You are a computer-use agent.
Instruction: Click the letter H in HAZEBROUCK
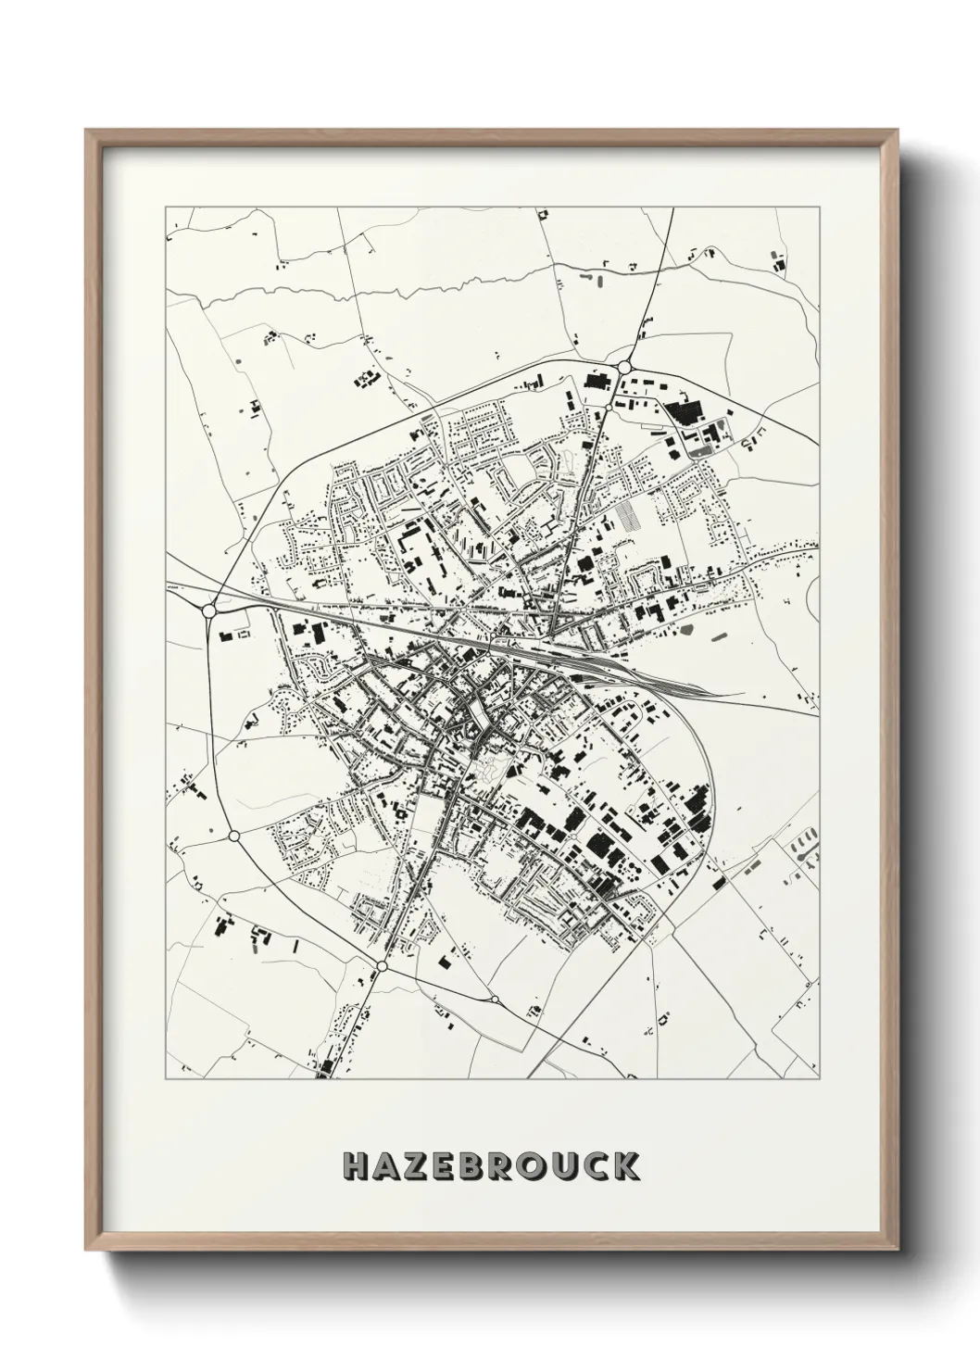[358, 1166]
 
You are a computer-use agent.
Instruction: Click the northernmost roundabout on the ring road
[625, 368]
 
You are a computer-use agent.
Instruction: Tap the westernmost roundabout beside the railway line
[208, 610]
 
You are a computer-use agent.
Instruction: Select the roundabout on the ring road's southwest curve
[233, 836]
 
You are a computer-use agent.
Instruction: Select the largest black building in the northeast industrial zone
[686, 413]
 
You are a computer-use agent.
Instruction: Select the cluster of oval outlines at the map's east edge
[805, 846]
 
